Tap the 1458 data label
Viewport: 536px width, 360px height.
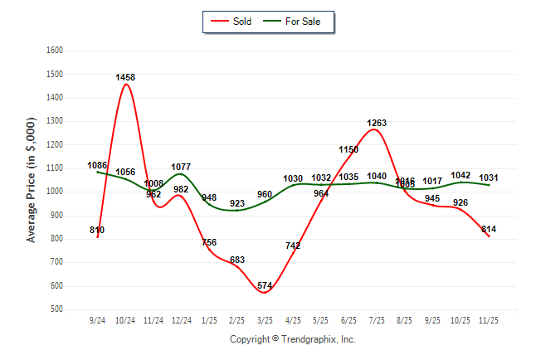pos(125,77)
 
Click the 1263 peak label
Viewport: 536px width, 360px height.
pos(377,123)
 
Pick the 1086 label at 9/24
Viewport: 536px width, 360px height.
pos(97,166)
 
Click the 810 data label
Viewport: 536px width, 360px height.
pos(97,230)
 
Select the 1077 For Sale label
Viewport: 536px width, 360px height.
pos(181,167)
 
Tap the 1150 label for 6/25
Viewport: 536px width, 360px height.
pos(348,149)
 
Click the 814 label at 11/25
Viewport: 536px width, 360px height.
pos(489,229)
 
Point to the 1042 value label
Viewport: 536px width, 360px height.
pos(460,175)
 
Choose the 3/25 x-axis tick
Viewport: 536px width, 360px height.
pos(265,319)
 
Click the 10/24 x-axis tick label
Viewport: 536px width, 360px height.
pos(125,319)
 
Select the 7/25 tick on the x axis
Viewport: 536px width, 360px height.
pos(377,319)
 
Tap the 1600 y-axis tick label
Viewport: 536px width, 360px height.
pos(56,50)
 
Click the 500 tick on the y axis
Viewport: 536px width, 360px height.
pos(58,309)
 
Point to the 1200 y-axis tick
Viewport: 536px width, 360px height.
pos(56,144)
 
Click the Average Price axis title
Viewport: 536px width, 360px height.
pos(32,179)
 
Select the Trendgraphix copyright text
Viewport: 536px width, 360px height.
pos(292,339)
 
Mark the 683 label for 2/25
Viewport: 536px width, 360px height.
pos(237,260)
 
